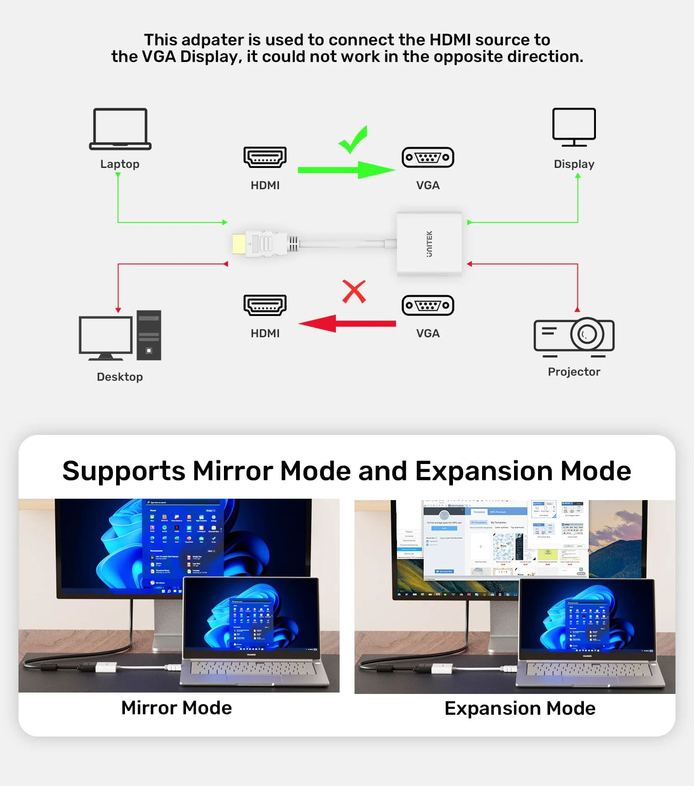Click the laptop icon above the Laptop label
[x=120, y=129]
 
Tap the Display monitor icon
[x=574, y=126]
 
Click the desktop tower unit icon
[x=149, y=335]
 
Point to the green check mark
[x=353, y=140]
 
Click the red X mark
[x=354, y=291]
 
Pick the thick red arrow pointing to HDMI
[x=347, y=323]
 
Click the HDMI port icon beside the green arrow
[x=265, y=157]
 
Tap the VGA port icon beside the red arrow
[x=428, y=305]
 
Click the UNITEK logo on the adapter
[x=429, y=244]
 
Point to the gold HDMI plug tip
[x=239, y=244]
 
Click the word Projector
[x=574, y=372]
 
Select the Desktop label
[x=120, y=377]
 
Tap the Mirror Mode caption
[x=176, y=708]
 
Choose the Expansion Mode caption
[x=520, y=708]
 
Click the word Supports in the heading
[x=124, y=471]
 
